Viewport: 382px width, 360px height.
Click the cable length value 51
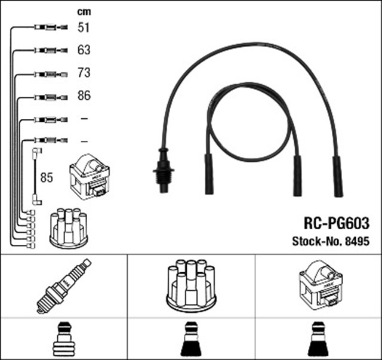click(84, 27)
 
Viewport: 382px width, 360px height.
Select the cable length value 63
click(84, 50)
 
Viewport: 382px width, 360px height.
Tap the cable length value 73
click(84, 73)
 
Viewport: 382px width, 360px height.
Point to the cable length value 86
click(84, 96)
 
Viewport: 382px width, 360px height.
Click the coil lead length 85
click(47, 177)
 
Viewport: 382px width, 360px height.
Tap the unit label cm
click(84, 12)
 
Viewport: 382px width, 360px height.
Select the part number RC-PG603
click(337, 223)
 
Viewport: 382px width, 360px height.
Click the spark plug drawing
click(64, 286)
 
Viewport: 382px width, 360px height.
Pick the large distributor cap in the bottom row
click(191, 285)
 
